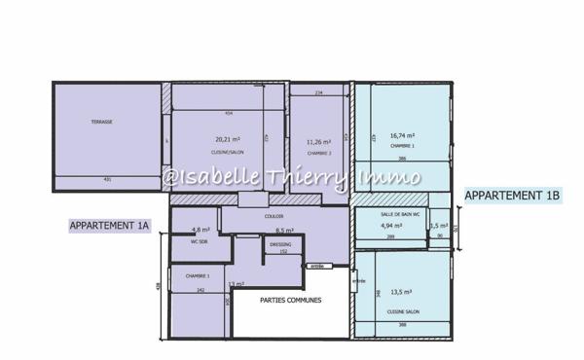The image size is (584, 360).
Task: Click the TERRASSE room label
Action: [x=102, y=122]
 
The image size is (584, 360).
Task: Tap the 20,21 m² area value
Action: [x=228, y=139]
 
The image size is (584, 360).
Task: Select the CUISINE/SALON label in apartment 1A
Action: [x=229, y=153]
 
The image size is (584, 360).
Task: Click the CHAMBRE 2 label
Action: [x=319, y=153]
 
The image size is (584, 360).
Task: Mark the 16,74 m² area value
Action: [x=402, y=136]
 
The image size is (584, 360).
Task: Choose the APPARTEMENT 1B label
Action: [x=513, y=197]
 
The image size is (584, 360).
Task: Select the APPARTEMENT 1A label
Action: [x=109, y=226]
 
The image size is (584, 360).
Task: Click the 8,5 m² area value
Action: [x=284, y=231]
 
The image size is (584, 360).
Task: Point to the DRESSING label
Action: [x=280, y=244]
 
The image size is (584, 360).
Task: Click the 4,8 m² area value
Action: [x=201, y=230]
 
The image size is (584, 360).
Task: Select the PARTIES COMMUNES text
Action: [x=290, y=301]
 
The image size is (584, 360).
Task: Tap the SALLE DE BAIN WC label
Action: [x=399, y=214]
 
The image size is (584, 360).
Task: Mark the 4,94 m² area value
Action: [x=391, y=226]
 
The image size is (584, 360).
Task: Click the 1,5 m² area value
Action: [x=438, y=226]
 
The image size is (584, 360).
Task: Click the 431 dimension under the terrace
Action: [x=108, y=180]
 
